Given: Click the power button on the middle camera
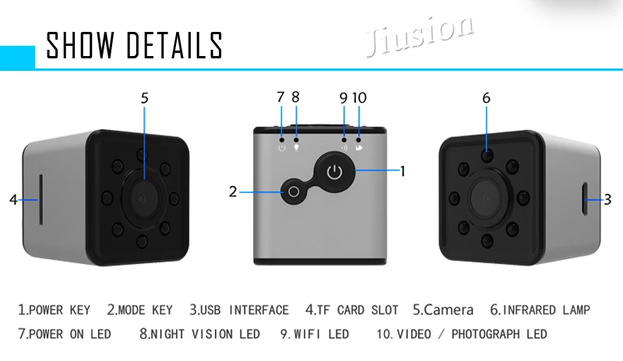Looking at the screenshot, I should [x=334, y=171].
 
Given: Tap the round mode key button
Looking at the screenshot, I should [x=294, y=191].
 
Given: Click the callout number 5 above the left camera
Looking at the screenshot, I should [x=144, y=98].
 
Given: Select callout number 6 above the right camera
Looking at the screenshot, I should [x=486, y=98].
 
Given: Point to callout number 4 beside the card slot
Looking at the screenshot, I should [x=13, y=200].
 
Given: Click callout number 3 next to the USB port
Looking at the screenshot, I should [x=608, y=199].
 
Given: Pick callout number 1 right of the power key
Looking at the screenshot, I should [x=403, y=170].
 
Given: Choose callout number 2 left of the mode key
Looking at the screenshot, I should [x=232, y=191].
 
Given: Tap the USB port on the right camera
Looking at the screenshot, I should [x=586, y=200].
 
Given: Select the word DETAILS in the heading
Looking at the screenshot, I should [x=175, y=45].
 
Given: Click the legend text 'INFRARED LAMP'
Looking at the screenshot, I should [x=551, y=310].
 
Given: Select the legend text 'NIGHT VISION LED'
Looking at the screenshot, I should [x=206, y=335].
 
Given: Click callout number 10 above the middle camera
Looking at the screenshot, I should [x=359, y=98].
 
